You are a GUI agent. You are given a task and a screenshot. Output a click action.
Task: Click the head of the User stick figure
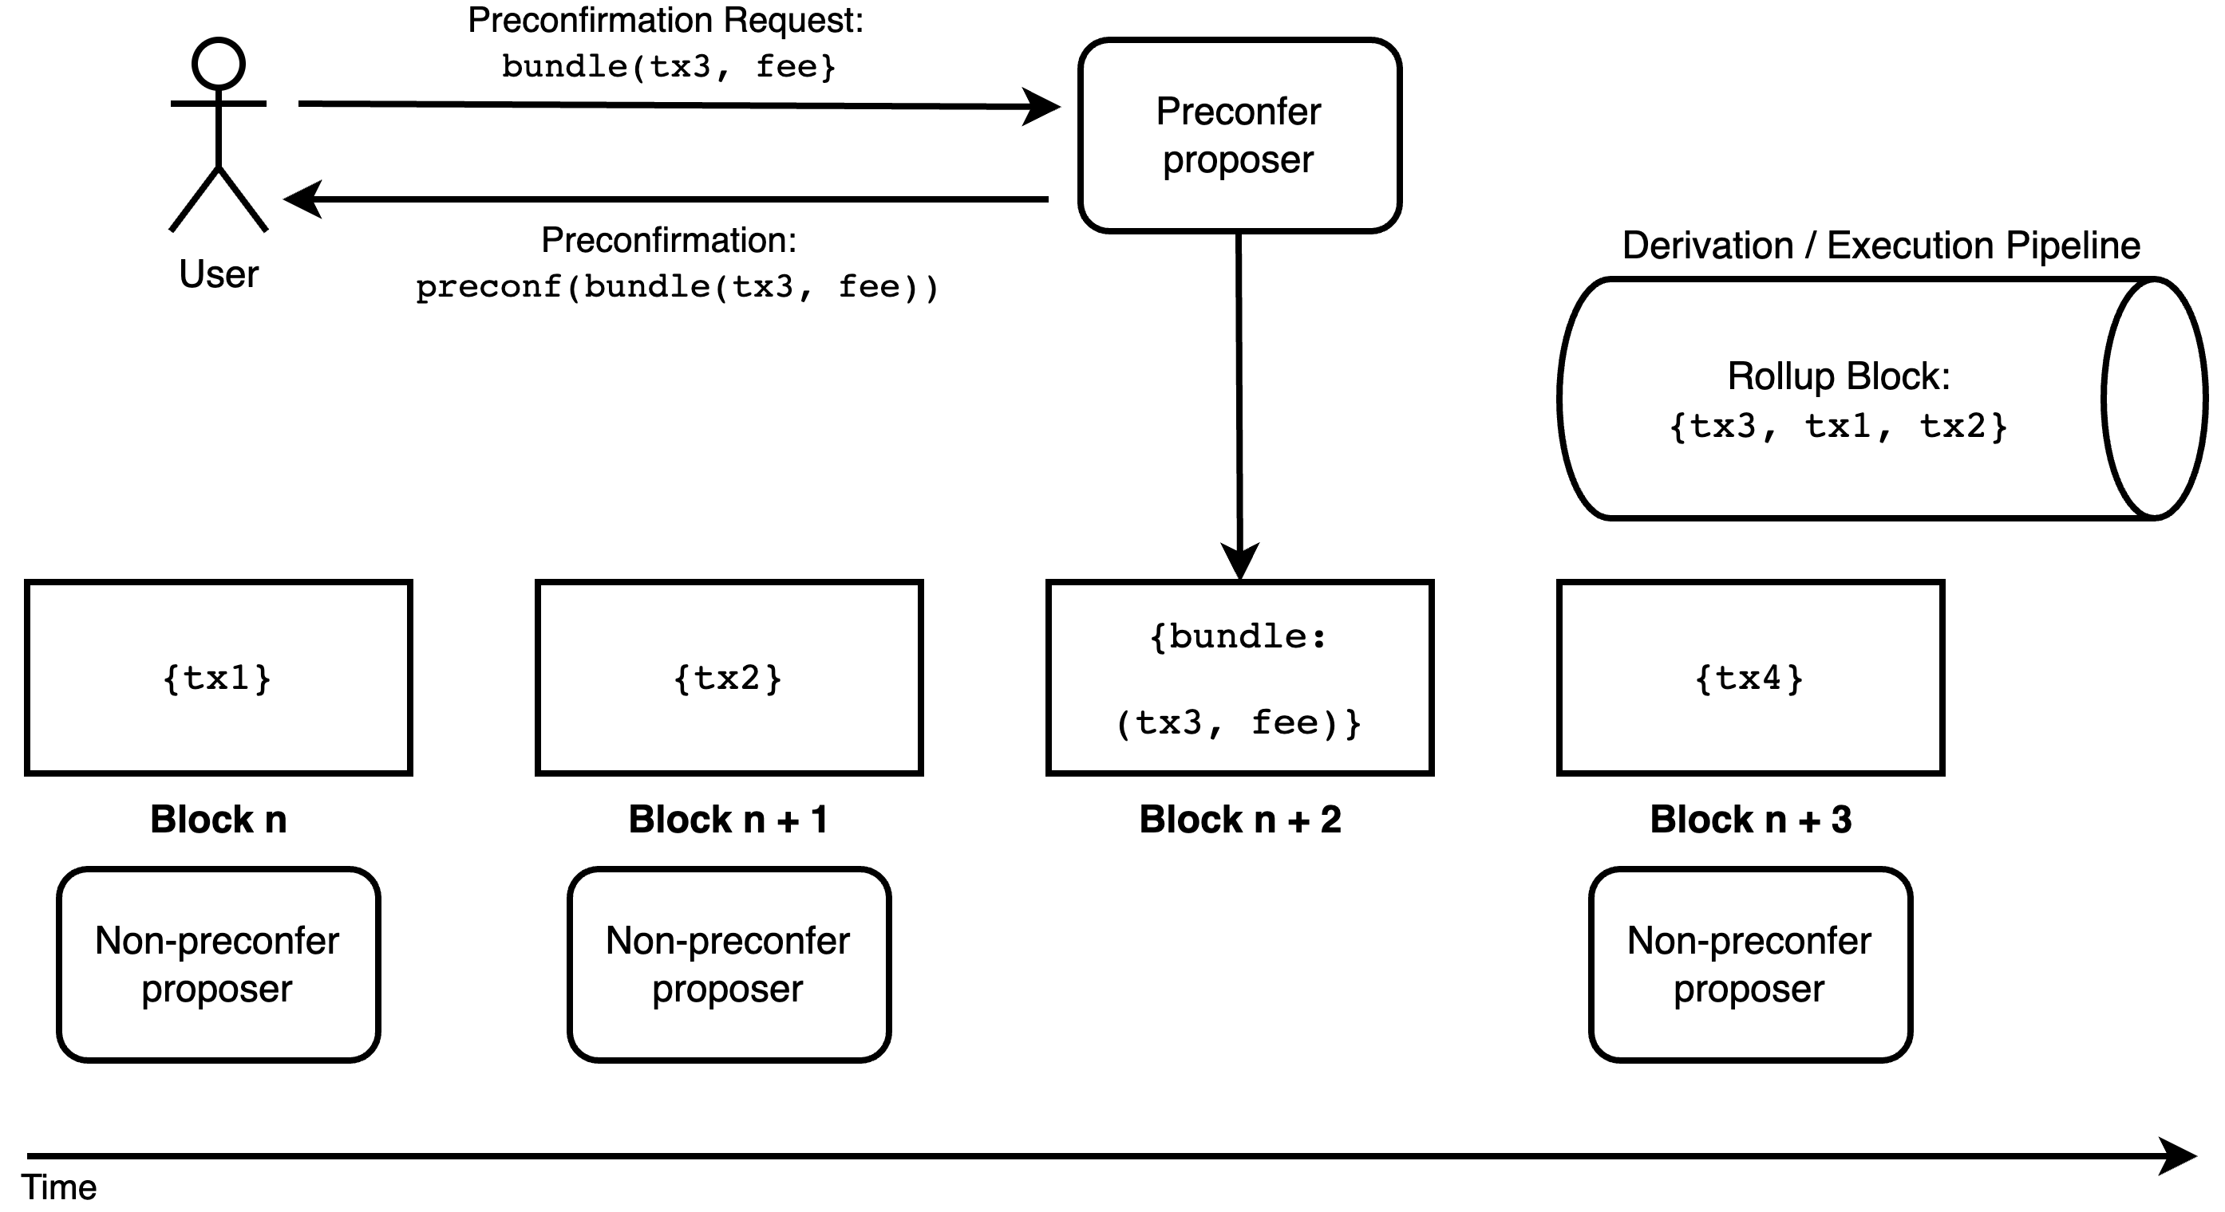pyautogui.click(x=219, y=64)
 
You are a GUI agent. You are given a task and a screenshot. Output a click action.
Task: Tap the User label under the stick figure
pyautogui.click(x=219, y=274)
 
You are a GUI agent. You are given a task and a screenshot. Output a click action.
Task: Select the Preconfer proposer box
pyautogui.click(x=1239, y=136)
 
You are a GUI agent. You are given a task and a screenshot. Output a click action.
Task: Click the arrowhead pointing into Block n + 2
pyautogui.click(x=1239, y=561)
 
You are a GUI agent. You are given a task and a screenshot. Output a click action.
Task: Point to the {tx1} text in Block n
pyautogui.click(x=218, y=679)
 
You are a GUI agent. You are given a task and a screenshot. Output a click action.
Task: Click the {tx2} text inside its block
pyautogui.click(x=728, y=679)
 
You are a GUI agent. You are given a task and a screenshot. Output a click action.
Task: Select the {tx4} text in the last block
pyautogui.click(x=1749, y=679)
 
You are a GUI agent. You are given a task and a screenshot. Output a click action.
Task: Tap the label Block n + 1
pyautogui.click(x=728, y=819)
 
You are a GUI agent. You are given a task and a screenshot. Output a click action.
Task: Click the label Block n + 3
pyautogui.click(x=1750, y=819)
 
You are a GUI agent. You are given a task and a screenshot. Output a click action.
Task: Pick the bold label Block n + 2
pyautogui.click(x=1239, y=819)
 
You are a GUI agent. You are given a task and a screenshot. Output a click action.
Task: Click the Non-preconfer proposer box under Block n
pyautogui.click(x=218, y=964)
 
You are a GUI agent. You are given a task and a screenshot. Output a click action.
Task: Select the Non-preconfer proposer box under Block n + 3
pyautogui.click(x=1750, y=964)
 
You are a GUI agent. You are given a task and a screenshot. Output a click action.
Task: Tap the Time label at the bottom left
pyautogui.click(x=59, y=1188)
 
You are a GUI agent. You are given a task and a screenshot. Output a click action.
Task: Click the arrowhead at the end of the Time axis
pyautogui.click(x=2179, y=1156)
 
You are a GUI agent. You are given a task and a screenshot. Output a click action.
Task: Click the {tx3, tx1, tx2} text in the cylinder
pyautogui.click(x=1838, y=427)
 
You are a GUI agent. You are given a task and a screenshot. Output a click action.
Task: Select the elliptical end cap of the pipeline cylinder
pyautogui.click(x=2154, y=399)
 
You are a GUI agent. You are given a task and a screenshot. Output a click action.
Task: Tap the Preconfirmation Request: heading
pyautogui.click(x=665, y=21)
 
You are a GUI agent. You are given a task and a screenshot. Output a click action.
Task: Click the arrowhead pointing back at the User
pyautogui.click(x=302, y=199)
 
